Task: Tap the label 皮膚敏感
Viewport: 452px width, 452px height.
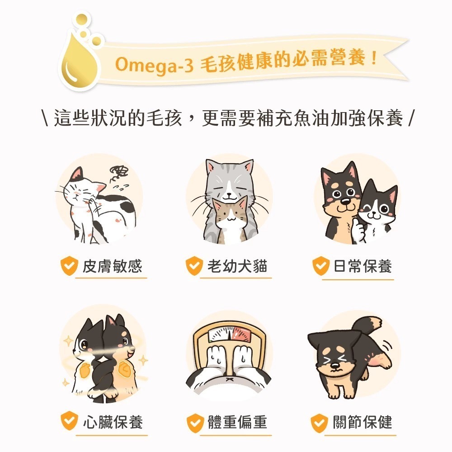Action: click(112, 266)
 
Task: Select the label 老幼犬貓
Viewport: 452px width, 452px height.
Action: click(237, 266)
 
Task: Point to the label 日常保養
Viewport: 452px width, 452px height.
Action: click(363, 266)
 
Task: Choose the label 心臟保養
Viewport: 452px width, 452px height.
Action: click(112, 422)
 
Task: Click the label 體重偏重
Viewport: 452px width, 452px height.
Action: click(237, 422)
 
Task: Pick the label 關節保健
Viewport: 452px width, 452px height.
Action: click(363, 422)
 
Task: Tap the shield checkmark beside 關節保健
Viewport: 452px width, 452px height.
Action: click(320, 423)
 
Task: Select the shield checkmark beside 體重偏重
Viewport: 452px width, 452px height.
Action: click(195, 423)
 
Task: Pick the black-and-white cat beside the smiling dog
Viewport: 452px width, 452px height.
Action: click(377, 212)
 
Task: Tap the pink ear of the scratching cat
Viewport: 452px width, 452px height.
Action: click(78, 174)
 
